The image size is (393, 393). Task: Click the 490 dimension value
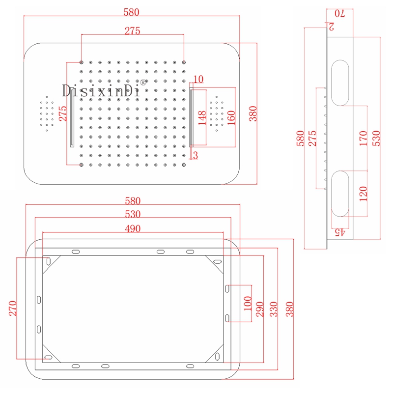tap(133, 228)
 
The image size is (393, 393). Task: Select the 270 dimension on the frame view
tap(13, 309)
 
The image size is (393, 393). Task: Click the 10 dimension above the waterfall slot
tap(198, 79)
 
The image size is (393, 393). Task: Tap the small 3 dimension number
tap(196, 156)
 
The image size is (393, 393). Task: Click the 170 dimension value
tap(364, 138)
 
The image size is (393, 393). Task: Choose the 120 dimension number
tap(364, 195)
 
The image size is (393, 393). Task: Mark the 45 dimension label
tap(340, 232)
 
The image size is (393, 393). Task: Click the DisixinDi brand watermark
tap(101, 90)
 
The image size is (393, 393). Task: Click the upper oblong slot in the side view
tap(339, 82)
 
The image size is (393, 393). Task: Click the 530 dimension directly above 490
tap(133, 214)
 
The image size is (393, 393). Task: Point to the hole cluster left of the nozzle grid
tap(47, 113)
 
